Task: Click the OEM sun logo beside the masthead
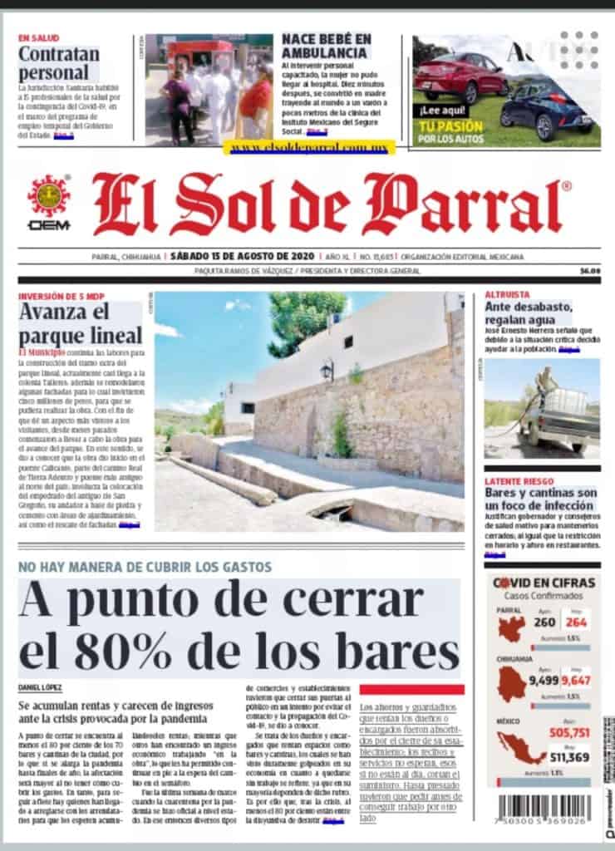click(48, 197)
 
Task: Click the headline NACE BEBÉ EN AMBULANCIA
click(326, 47)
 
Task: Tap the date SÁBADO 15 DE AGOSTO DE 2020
click(237, 257)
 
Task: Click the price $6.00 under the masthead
click(590, 271)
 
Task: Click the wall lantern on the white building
click(327, 368)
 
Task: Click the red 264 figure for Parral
click(576, 623)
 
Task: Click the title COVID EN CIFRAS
click(544, 583)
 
